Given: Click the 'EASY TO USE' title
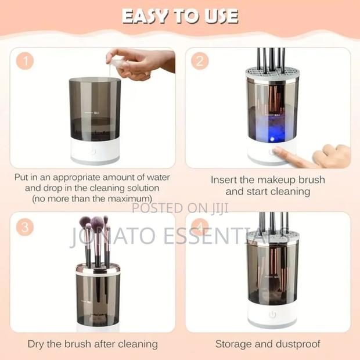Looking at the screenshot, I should click(180, 16).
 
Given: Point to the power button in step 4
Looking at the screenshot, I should click(272, 314).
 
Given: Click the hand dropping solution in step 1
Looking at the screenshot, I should click(142, 63).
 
